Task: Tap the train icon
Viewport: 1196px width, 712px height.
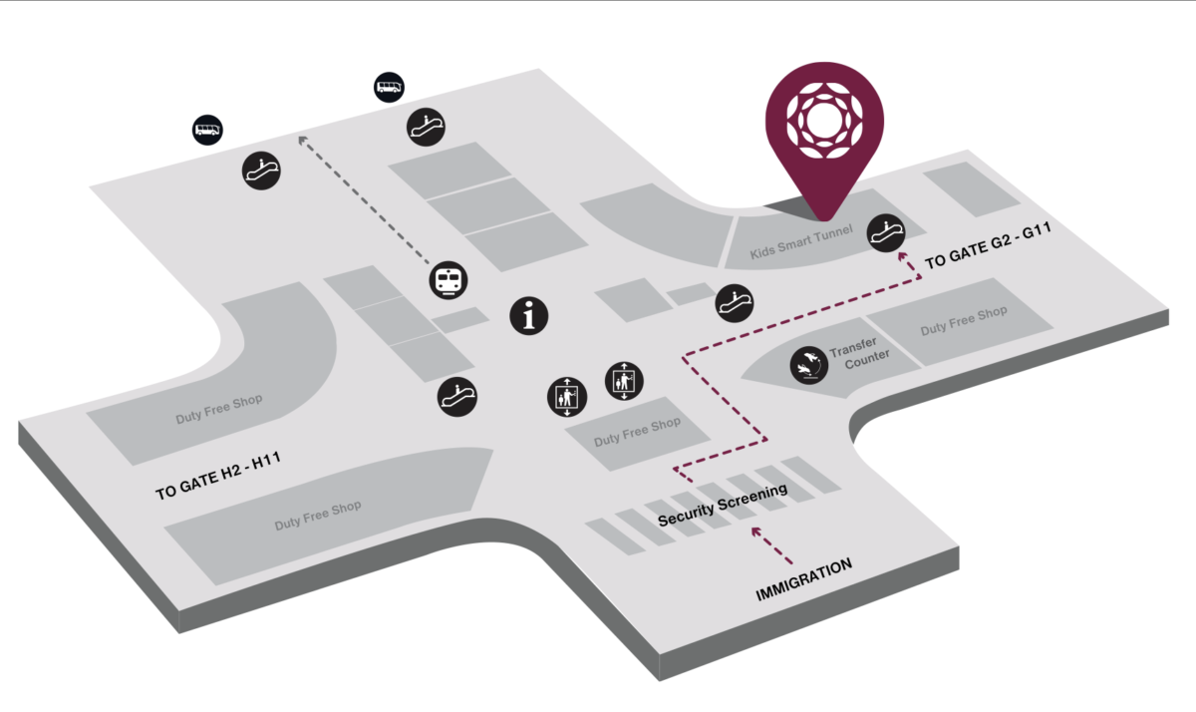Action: point(448,280)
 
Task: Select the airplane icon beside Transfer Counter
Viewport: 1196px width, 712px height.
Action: point(808,366)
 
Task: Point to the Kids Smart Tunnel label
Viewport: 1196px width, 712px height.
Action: point(801,243)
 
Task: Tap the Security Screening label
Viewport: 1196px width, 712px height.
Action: point(723,506)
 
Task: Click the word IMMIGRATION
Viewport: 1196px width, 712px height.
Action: point(803,580)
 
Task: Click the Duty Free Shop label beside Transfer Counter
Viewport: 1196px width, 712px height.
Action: point(963,321)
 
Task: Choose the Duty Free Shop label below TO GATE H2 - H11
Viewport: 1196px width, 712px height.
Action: point(319,516)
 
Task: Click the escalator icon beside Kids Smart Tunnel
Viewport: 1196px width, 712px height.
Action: point(884,231)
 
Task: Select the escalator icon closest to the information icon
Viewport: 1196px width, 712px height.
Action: point(457,395)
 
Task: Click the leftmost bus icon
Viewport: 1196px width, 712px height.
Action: point(207,130)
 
